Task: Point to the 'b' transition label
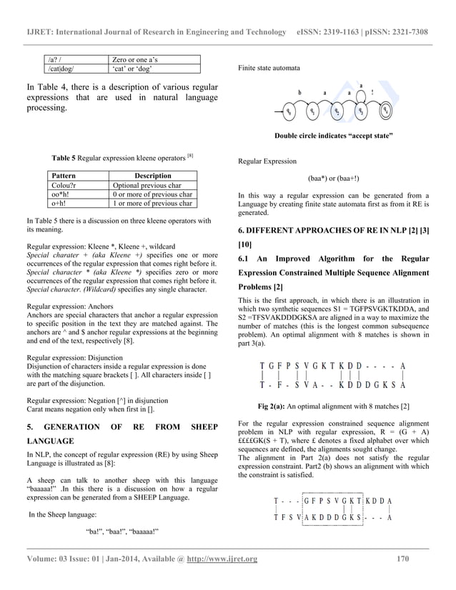click(299, 93)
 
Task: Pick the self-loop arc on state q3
click(361, 94)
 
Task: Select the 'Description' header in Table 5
click(153, 176)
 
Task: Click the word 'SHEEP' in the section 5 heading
click(203, 428)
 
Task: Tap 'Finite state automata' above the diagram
click(267, 68)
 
